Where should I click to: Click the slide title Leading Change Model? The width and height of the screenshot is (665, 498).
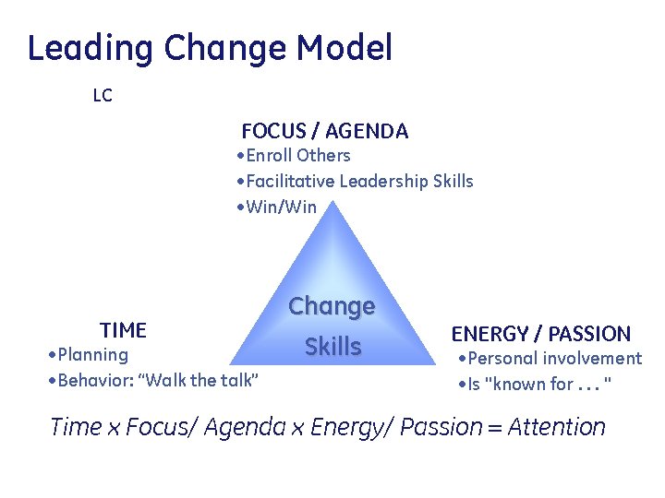[x=210, y=48]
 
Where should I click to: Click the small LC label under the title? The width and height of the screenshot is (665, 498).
[x=103, y=96]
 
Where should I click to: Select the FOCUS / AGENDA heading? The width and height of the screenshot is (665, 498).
[x=324, y=131]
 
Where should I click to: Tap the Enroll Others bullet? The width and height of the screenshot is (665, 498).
[x=294, y=155]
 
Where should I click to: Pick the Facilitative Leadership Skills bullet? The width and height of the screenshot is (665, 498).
[x=355, y=181]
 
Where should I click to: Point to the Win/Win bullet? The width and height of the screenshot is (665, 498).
[x=276, y=207]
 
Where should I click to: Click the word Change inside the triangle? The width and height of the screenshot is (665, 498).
[x=332, y=306]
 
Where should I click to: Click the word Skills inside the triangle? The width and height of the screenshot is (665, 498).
[x=332, y=347]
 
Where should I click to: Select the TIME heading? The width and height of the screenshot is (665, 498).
[x=123, y=330]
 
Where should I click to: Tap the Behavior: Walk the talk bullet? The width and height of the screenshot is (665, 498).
[x=153, y=381]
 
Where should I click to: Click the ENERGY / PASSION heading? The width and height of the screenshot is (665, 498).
[x=540, y=334]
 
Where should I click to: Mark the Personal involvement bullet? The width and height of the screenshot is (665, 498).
[x=550, y=359]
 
